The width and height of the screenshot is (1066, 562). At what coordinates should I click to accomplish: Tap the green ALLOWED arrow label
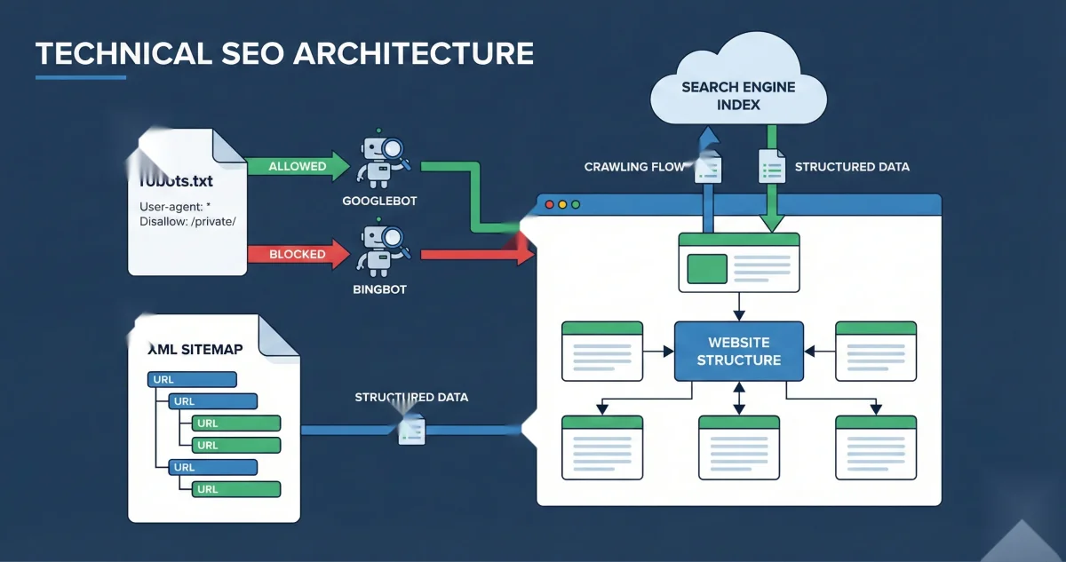297,166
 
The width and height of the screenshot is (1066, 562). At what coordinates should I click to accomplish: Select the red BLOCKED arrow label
297,254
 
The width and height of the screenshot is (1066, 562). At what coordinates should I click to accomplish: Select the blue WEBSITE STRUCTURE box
738,351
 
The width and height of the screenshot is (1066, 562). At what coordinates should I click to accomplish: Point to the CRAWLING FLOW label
632,167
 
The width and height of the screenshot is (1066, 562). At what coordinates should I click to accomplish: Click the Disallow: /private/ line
187,221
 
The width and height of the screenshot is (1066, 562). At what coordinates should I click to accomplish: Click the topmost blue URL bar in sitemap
191,380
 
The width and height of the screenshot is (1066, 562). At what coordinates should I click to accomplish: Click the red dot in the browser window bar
549,205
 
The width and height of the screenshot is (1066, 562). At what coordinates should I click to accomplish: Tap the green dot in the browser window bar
576,205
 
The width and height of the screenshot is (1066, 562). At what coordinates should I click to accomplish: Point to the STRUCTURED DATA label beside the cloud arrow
851,167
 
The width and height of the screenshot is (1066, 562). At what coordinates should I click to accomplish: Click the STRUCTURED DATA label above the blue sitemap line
411,397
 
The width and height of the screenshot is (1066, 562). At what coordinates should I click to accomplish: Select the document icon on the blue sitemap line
411,431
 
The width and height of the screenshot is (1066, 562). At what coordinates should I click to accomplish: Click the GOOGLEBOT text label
379,202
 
